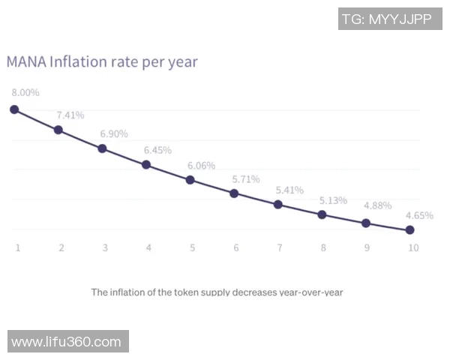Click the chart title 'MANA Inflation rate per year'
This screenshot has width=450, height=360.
click(x=102, y=61)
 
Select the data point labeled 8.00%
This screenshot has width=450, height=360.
click(x=14, y=109)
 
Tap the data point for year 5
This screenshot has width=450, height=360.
click(x=190, y=180)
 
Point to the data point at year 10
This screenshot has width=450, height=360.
click(x=409, y=230)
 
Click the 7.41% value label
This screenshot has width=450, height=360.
click(x=70, y=115)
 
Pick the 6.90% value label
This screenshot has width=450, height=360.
click(x=114, y=133)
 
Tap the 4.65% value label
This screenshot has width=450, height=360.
click(x=419, y=215)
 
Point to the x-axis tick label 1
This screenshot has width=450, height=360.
click(x=17, y=247)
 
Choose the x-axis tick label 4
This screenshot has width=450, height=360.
click(x=148, y=247)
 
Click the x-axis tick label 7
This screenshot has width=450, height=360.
click(x=280, y=247)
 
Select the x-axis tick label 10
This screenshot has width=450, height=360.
click(x=413, y=247)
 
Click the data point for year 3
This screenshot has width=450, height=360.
click(x=103, y=148)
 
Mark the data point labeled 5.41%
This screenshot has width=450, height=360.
click(x=278, y=205)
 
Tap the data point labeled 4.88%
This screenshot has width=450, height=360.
click(x=366, y=223)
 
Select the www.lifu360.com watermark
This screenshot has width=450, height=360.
click(x=67, y=342)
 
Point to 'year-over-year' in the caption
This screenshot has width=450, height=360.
click(x=311, y=292)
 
